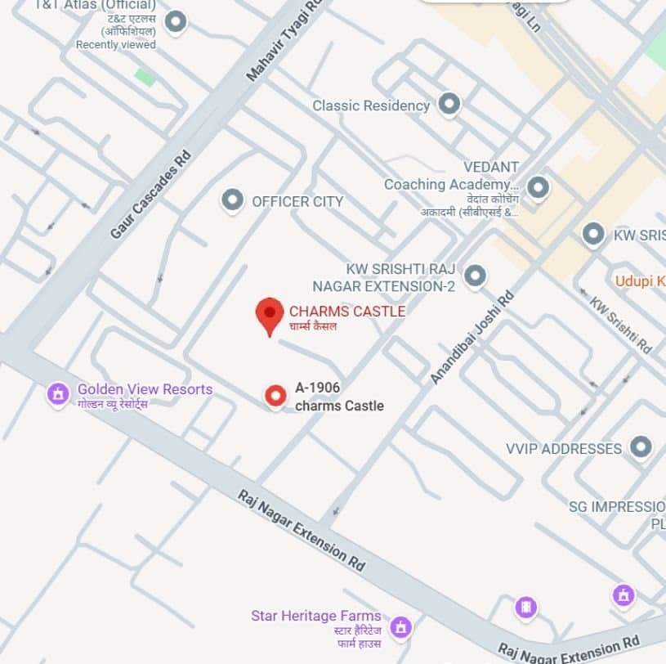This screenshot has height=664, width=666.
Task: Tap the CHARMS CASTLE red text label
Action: [346, 311]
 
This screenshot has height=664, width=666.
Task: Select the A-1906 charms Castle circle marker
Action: [276, 397]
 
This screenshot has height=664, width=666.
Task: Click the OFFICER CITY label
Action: [297, 201]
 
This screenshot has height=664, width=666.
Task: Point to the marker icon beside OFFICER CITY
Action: [233, 200]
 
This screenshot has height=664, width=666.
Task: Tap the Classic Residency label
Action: [371, 105]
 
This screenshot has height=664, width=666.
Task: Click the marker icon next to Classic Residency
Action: [449, 104]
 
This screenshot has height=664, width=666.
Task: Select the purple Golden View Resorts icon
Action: [58, 394]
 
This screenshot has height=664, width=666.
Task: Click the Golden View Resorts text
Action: [145, 389]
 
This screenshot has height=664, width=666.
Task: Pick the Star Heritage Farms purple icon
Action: [400, 627]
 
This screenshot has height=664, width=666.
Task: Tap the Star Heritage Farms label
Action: [315, 616]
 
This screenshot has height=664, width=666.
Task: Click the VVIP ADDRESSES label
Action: [564, 448]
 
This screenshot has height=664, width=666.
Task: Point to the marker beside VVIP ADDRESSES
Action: [641, 446]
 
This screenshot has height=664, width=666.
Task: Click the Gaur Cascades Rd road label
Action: [150, 194]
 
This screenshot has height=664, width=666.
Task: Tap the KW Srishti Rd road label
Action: [621, 324]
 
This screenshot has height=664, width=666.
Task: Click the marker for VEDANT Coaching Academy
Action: [538, 188]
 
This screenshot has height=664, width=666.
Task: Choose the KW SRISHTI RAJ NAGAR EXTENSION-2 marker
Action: [475, 276]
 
